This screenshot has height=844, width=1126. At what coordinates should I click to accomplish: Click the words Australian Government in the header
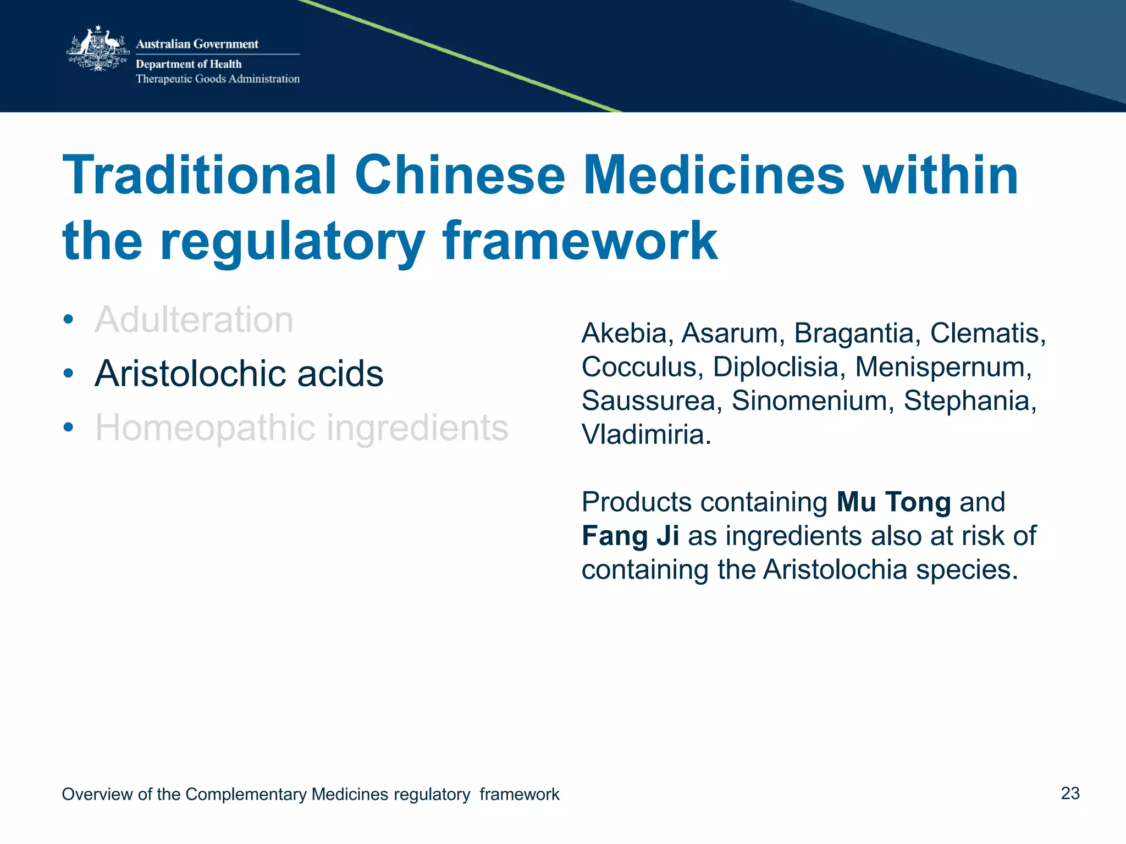point(197,44)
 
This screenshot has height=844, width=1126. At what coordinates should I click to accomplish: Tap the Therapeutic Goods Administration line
point(218,79)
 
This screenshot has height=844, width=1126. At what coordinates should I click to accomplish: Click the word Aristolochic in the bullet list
point(189,374)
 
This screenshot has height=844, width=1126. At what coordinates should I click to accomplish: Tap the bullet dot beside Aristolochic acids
point(68,374)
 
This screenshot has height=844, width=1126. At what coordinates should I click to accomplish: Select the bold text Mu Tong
point(893,502)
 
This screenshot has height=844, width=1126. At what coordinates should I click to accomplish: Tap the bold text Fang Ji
point(630,536)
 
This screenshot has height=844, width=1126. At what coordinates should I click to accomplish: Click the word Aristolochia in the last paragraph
point(835,569)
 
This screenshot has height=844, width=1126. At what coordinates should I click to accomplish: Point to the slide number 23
point(1070,793)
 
